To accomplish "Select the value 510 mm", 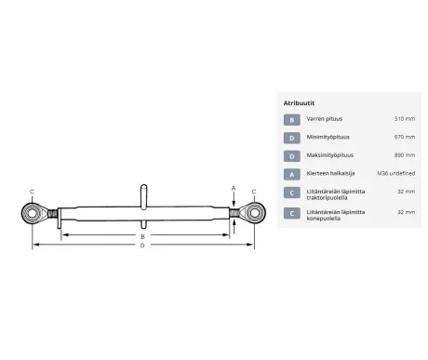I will click(405, 120).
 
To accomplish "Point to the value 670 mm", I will click(405, 138).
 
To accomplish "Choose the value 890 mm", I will click(405, 154).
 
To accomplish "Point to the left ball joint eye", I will click(32, 213).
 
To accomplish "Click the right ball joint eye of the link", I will click(254, 213).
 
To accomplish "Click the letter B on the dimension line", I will click(142, 237).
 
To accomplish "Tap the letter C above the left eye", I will click(32, 192).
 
